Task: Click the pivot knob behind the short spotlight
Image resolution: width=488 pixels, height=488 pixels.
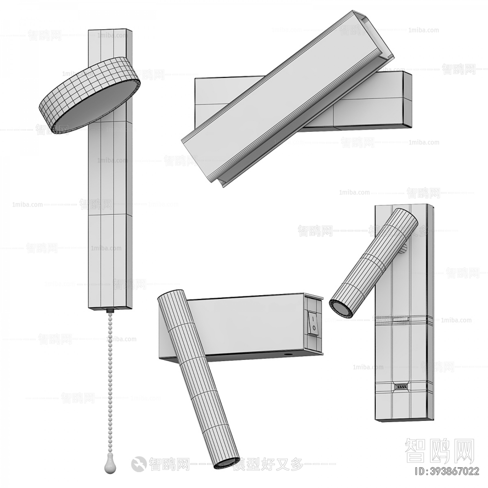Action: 405,249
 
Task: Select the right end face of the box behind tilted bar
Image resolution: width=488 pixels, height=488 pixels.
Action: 407,100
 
